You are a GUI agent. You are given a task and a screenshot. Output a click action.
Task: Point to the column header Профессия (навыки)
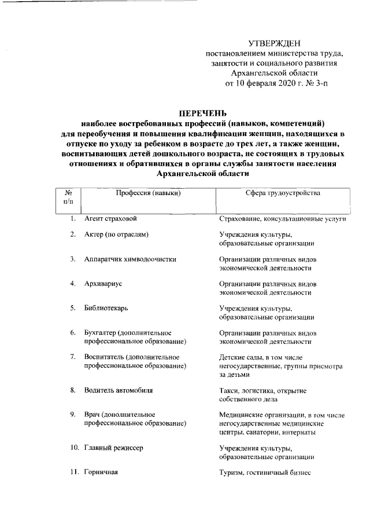tap(147, 193)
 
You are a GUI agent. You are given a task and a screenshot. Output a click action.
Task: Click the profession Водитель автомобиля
tap(119, 391)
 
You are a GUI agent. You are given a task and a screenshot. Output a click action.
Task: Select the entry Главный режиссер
tap(113, 448)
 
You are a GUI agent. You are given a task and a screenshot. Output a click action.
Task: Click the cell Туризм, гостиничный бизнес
tap(265, 473)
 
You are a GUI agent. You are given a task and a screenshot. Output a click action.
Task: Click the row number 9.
tap(73, 415)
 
